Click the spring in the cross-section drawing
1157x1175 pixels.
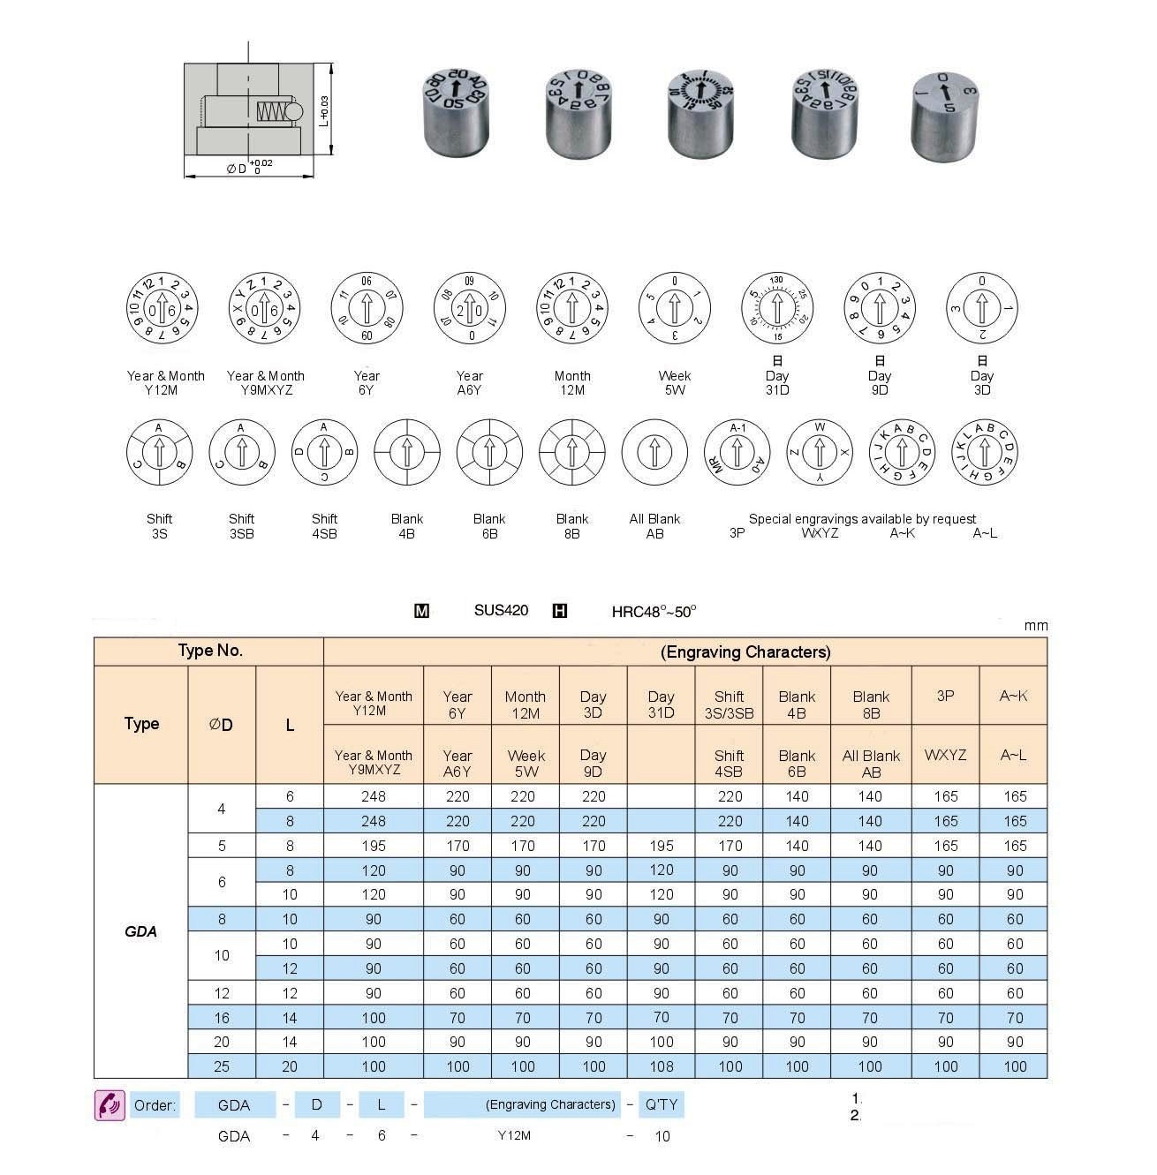pyautogui.click(x=272, y=111)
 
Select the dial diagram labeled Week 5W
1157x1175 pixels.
pyautogui.click(x=674, y=309)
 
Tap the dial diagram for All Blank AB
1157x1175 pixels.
pyautogui.click(x=654, y=452)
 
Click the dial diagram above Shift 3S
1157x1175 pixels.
pyautogui.click(x=159, y=452)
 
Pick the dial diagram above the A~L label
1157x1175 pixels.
pyautogui.click(x=985, y=452)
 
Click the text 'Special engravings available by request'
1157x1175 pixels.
pyautogui.click(x=862, y=519)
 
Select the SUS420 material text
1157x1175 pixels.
pyautogui.click(x=501, y=610)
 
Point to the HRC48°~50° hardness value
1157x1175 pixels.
pyautogui.click(x=654, y=611)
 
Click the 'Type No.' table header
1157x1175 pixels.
pyautogui.click(x=209, y=651)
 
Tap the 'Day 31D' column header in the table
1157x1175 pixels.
pyautogui.click(x=661, y=704)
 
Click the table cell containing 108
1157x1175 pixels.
pyautogui.click(x=661, y=1066)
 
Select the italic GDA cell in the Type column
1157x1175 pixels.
pyautogui.click(x=140, y=931)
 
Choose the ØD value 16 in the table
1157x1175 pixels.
pyautogui.click(x=222, y=1018)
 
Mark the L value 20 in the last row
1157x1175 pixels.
pyautogui.click(x=290, y=1066)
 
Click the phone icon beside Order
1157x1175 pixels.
pyautogui.click(x=110, y=1105)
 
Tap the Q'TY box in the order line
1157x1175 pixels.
pyautogui.click(x=661, y=1104)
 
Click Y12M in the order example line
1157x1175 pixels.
pyautogui.click(x=514, y=1136)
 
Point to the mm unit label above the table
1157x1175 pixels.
pyautogui.click(x=1035, y=626)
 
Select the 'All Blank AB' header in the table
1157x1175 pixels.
pyautogui.click(x=871, y=764)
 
